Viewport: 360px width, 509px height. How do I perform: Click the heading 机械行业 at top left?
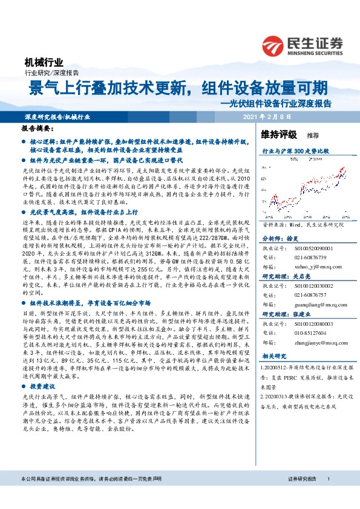[43, 62]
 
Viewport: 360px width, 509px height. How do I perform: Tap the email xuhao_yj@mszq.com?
[312, 266]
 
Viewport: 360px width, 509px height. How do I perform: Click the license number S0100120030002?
[312, 287]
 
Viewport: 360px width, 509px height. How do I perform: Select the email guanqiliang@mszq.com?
[315, 305]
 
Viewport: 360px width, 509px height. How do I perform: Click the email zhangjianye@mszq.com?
[315, 343]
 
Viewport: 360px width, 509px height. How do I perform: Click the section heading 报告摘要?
[38, 129]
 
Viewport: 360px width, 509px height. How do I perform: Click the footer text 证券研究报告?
[303, 496]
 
